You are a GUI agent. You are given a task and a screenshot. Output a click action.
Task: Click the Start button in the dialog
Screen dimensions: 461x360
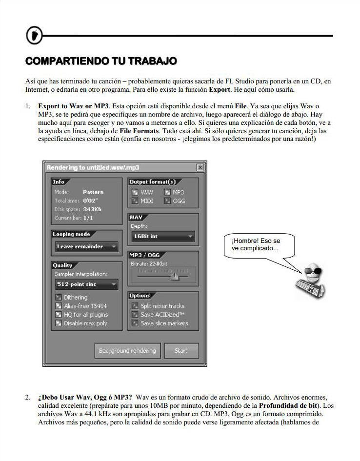click(180, 351)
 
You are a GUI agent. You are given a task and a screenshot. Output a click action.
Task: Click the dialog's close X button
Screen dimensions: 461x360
click(200, 167)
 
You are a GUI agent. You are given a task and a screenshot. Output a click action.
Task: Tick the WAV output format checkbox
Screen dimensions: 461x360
click(135, 192)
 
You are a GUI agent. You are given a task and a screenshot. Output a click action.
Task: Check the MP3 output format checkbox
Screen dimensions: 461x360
click(167, 192)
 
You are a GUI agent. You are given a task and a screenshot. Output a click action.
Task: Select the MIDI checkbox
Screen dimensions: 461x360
click(135, 200)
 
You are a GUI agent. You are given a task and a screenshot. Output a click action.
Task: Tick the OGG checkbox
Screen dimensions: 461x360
click(167, 200)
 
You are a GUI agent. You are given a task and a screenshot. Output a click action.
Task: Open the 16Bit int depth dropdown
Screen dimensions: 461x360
click(162, 237)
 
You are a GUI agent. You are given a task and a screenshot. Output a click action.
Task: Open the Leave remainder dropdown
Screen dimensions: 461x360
click(85, 247)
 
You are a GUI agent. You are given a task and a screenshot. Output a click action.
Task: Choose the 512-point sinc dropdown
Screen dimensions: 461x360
click(85, 284)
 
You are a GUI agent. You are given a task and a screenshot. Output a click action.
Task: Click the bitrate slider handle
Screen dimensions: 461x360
click(174, 277)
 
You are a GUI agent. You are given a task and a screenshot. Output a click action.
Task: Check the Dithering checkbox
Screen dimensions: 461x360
click(59, 297)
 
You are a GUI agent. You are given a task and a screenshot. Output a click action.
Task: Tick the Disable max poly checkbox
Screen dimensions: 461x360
click(59, 323)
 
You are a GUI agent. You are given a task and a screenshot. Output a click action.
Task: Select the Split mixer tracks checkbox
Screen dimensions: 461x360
click(135, 306)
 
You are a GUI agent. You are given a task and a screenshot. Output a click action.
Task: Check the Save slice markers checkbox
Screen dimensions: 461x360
click(135, 323)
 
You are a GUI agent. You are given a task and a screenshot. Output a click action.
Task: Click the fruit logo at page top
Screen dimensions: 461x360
click(34, 35)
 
